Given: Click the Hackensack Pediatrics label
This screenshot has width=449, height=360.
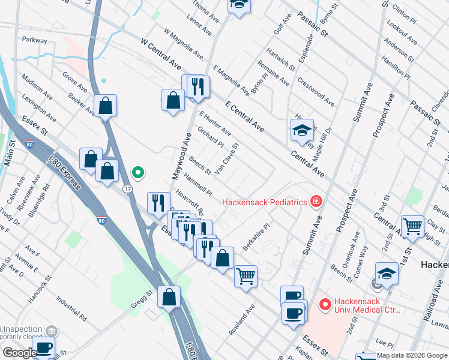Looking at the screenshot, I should [265, 202].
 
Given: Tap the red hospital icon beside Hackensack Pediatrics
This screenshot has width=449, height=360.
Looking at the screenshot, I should [315, 202].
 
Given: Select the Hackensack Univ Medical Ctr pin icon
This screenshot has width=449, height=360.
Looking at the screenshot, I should [325, 305].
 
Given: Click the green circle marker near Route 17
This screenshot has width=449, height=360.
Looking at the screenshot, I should [138, 174].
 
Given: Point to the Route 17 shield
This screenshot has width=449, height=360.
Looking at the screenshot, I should [127, 188].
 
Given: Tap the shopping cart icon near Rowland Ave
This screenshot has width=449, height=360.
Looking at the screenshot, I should [246, 276].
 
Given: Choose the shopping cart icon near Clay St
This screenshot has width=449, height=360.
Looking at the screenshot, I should [412, 227].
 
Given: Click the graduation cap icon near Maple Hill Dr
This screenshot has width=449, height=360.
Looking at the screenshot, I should [301, 130].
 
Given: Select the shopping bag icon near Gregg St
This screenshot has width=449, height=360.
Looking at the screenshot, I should [169, 296].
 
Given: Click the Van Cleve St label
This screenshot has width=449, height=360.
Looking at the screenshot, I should [228, 156].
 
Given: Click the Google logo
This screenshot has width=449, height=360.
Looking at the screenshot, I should [20, 353].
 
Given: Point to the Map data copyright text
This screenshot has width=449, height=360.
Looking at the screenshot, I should [412, 355].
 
